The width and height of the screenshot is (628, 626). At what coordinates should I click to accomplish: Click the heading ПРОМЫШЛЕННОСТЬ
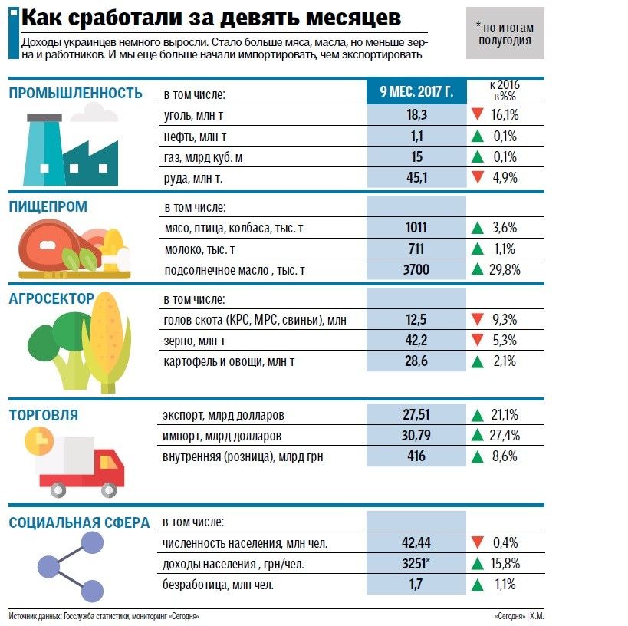(75, 94)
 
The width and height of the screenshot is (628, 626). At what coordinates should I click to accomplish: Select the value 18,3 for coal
(416, 115)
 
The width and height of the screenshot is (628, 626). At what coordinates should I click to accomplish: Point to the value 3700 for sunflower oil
(416, 269)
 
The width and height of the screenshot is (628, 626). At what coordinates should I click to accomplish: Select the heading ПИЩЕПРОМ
(48, 206)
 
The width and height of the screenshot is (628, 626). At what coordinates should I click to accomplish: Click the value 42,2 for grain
(416, 341)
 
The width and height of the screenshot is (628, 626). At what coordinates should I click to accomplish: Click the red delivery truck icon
(81, 463)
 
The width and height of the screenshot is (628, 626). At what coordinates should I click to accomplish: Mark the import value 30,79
(416, 436)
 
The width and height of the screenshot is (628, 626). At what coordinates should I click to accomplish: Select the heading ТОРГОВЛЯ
(44, 416)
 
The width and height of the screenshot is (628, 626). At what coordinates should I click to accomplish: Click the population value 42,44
(416, 543)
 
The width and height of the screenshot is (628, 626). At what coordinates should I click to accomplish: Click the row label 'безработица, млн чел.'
(219, 585)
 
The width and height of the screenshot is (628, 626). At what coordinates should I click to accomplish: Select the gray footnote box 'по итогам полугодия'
(504, 34)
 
